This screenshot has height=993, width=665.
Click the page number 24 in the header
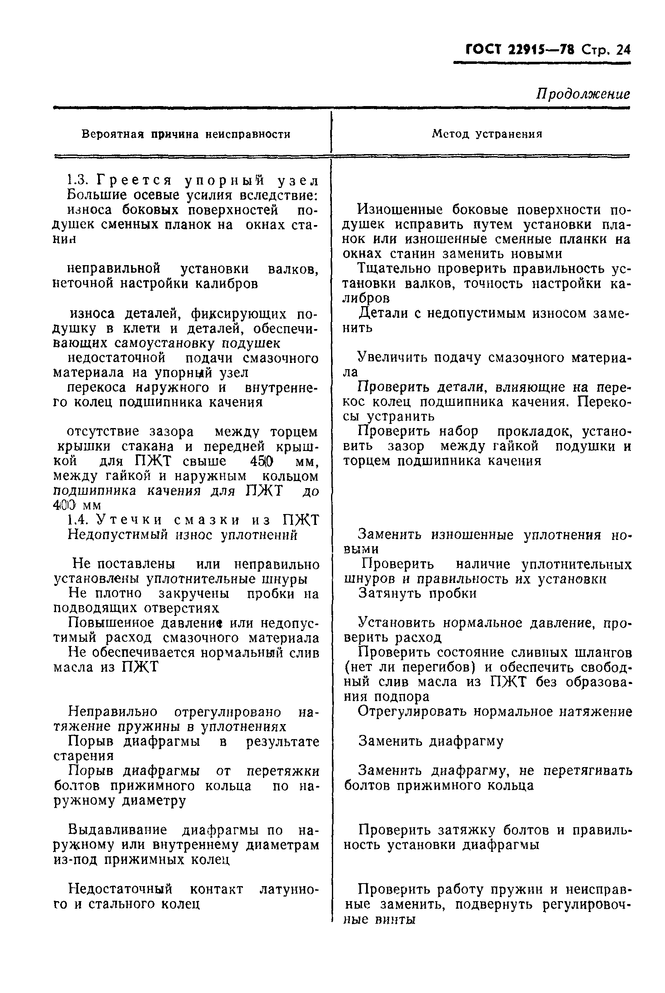[623, 50]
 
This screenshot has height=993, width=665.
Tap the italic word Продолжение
[583, 94]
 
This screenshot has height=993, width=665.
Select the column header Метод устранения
[487, 134]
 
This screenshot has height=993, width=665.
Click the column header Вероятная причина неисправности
[186, 134]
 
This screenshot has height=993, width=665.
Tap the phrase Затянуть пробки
[417, 593]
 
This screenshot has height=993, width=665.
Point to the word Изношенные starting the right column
[393, 210]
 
